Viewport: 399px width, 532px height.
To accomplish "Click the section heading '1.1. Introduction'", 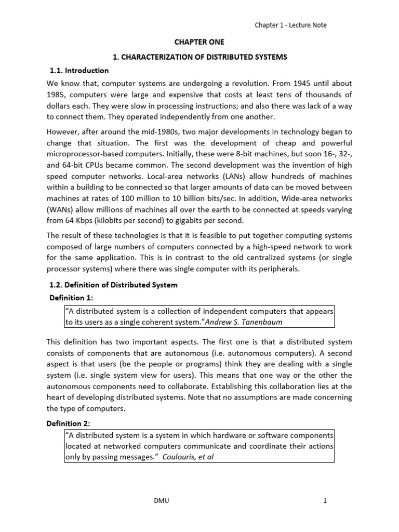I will (79, 70).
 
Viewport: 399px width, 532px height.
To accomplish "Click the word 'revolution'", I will (264, 84).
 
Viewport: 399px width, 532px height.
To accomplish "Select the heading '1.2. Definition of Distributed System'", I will (113, 285).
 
